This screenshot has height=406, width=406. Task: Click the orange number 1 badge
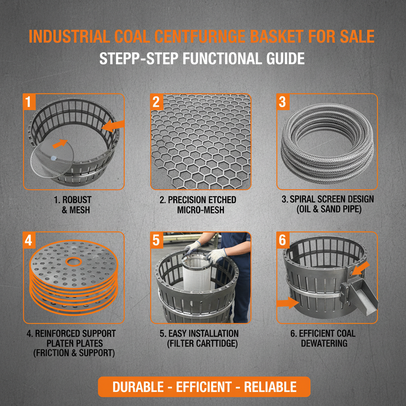click(27, 102)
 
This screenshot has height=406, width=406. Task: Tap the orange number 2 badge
click(156, 102)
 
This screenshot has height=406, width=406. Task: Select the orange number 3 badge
click(282, 102)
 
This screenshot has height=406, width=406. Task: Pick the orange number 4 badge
click(28, 240)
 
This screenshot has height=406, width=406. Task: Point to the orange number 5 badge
click(156, 240)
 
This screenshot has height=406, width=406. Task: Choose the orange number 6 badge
click(282, 240)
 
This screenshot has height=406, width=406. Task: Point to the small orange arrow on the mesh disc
click(59, 144)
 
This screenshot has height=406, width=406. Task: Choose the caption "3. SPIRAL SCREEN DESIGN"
click(328, 199)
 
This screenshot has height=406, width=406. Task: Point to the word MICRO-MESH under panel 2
click(201, 210)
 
